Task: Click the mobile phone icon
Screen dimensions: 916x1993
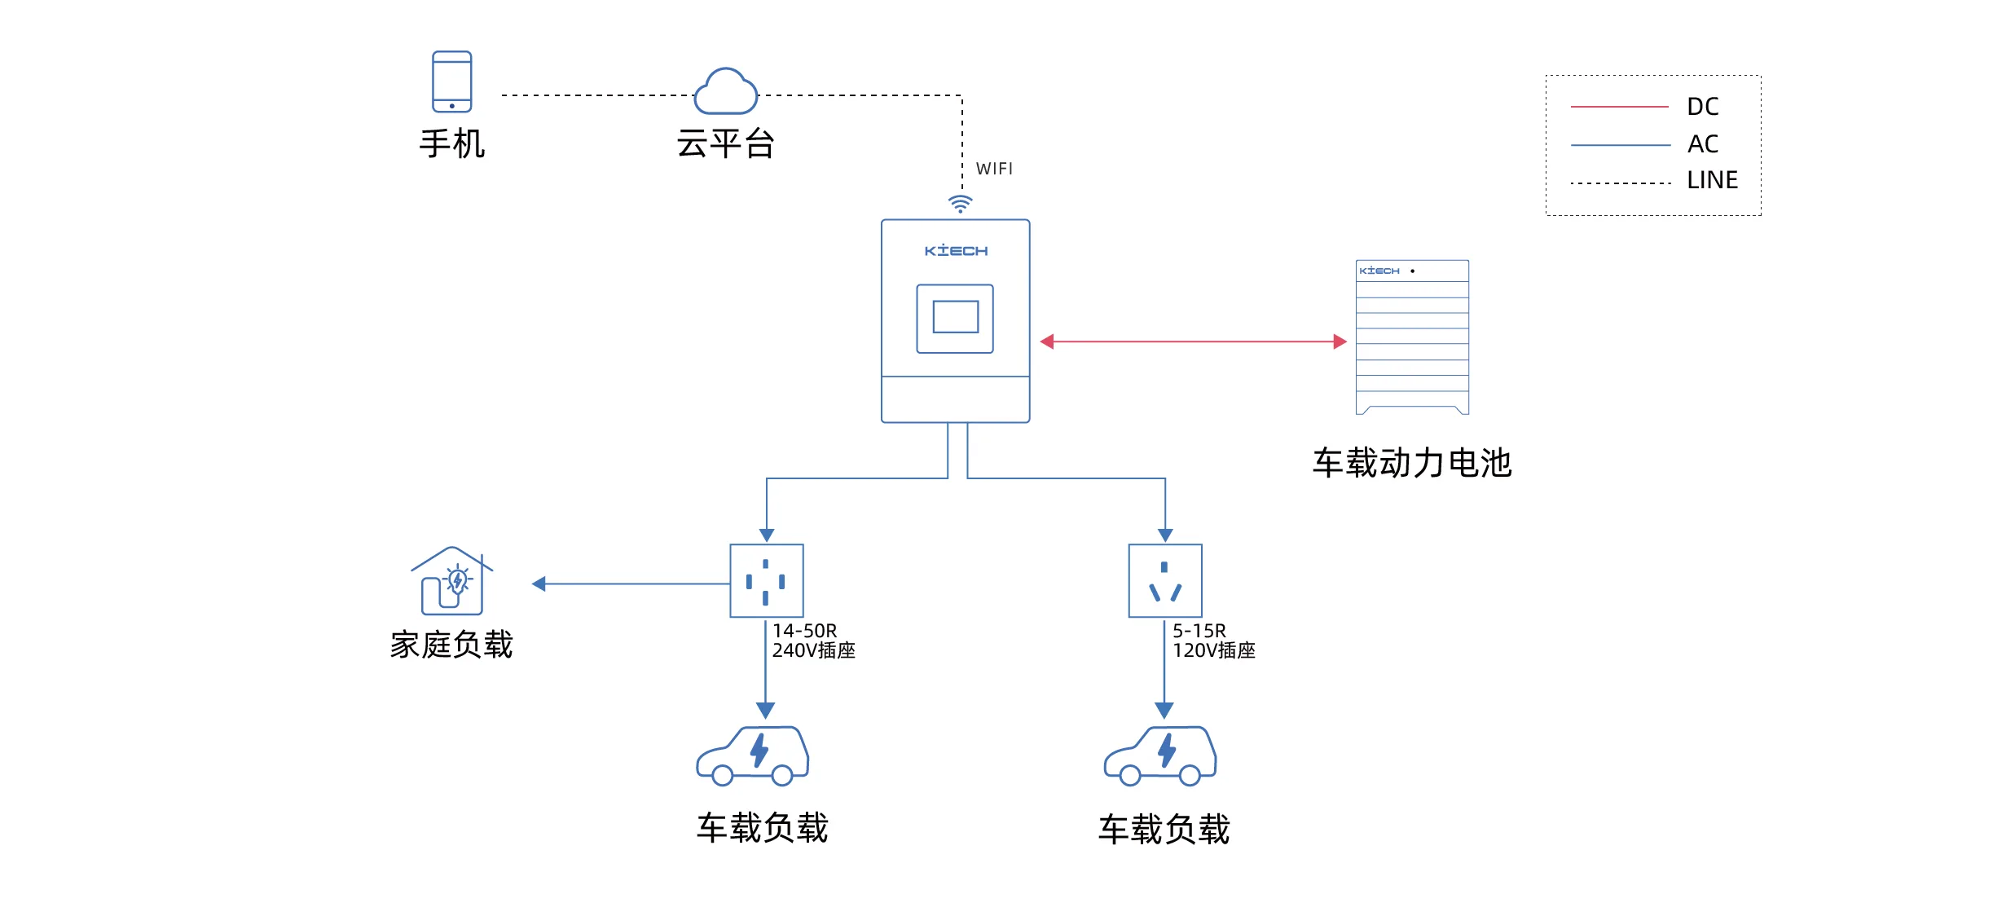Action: [451, 81]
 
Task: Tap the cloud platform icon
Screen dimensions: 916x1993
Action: [725, 92]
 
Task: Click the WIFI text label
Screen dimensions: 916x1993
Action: [994, 169]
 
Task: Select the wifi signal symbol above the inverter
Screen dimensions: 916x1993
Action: [961, 204]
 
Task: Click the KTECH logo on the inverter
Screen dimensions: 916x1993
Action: [956, 251]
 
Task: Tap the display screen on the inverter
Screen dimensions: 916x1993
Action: [955, 318]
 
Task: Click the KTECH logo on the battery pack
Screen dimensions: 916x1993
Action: [1379, 271]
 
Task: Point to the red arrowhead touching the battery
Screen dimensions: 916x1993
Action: [1340, 341]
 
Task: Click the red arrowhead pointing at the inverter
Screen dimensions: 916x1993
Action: [1048, 341]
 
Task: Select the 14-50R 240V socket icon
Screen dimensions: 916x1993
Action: [766, 581]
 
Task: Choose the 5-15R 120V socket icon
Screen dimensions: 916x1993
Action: [1165, 581]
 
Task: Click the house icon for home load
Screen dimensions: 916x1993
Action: [451, 581]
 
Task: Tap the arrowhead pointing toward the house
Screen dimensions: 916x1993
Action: [539, 584]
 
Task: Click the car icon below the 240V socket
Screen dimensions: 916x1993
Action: [753, 756]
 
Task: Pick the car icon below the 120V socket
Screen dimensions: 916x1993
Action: [1160, 756]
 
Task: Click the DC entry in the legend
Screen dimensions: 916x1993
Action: [1702, 107]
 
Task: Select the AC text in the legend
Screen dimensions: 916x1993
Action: [1703, 144]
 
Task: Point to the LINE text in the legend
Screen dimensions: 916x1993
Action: [1712, 180]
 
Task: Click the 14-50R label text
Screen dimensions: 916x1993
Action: [805, 631]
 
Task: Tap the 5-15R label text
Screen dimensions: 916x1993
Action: [1199, 631]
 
